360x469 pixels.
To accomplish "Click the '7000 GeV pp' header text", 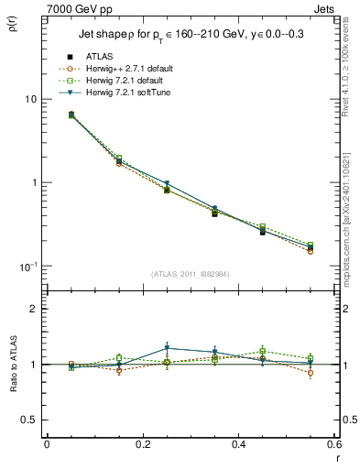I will point(77,8).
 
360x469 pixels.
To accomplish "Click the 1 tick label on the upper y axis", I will point(34,182).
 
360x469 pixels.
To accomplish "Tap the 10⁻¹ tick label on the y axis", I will point(27,267).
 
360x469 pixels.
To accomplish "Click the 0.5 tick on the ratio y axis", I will point(30,420).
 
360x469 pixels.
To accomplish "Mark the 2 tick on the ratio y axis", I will point(34,309).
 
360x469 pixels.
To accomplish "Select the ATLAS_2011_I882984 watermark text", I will point(191,273).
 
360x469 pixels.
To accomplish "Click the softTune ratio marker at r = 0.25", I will point(167,348).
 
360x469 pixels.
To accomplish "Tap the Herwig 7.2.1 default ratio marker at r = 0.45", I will point(263,351).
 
